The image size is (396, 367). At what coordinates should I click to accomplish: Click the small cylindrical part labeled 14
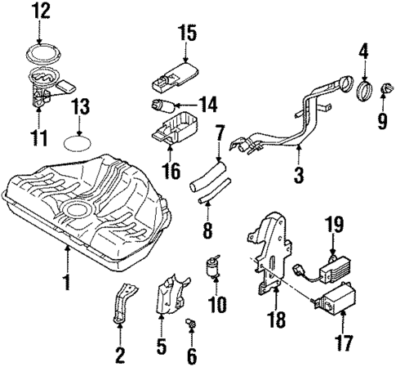(160, 105)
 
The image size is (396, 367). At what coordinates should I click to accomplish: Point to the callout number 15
(187, 34)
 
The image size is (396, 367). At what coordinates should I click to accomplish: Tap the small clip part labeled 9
(381, 91)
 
